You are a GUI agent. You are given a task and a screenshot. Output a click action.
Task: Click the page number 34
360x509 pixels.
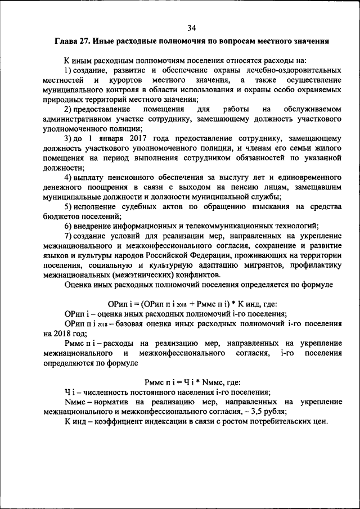click(191, 28)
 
